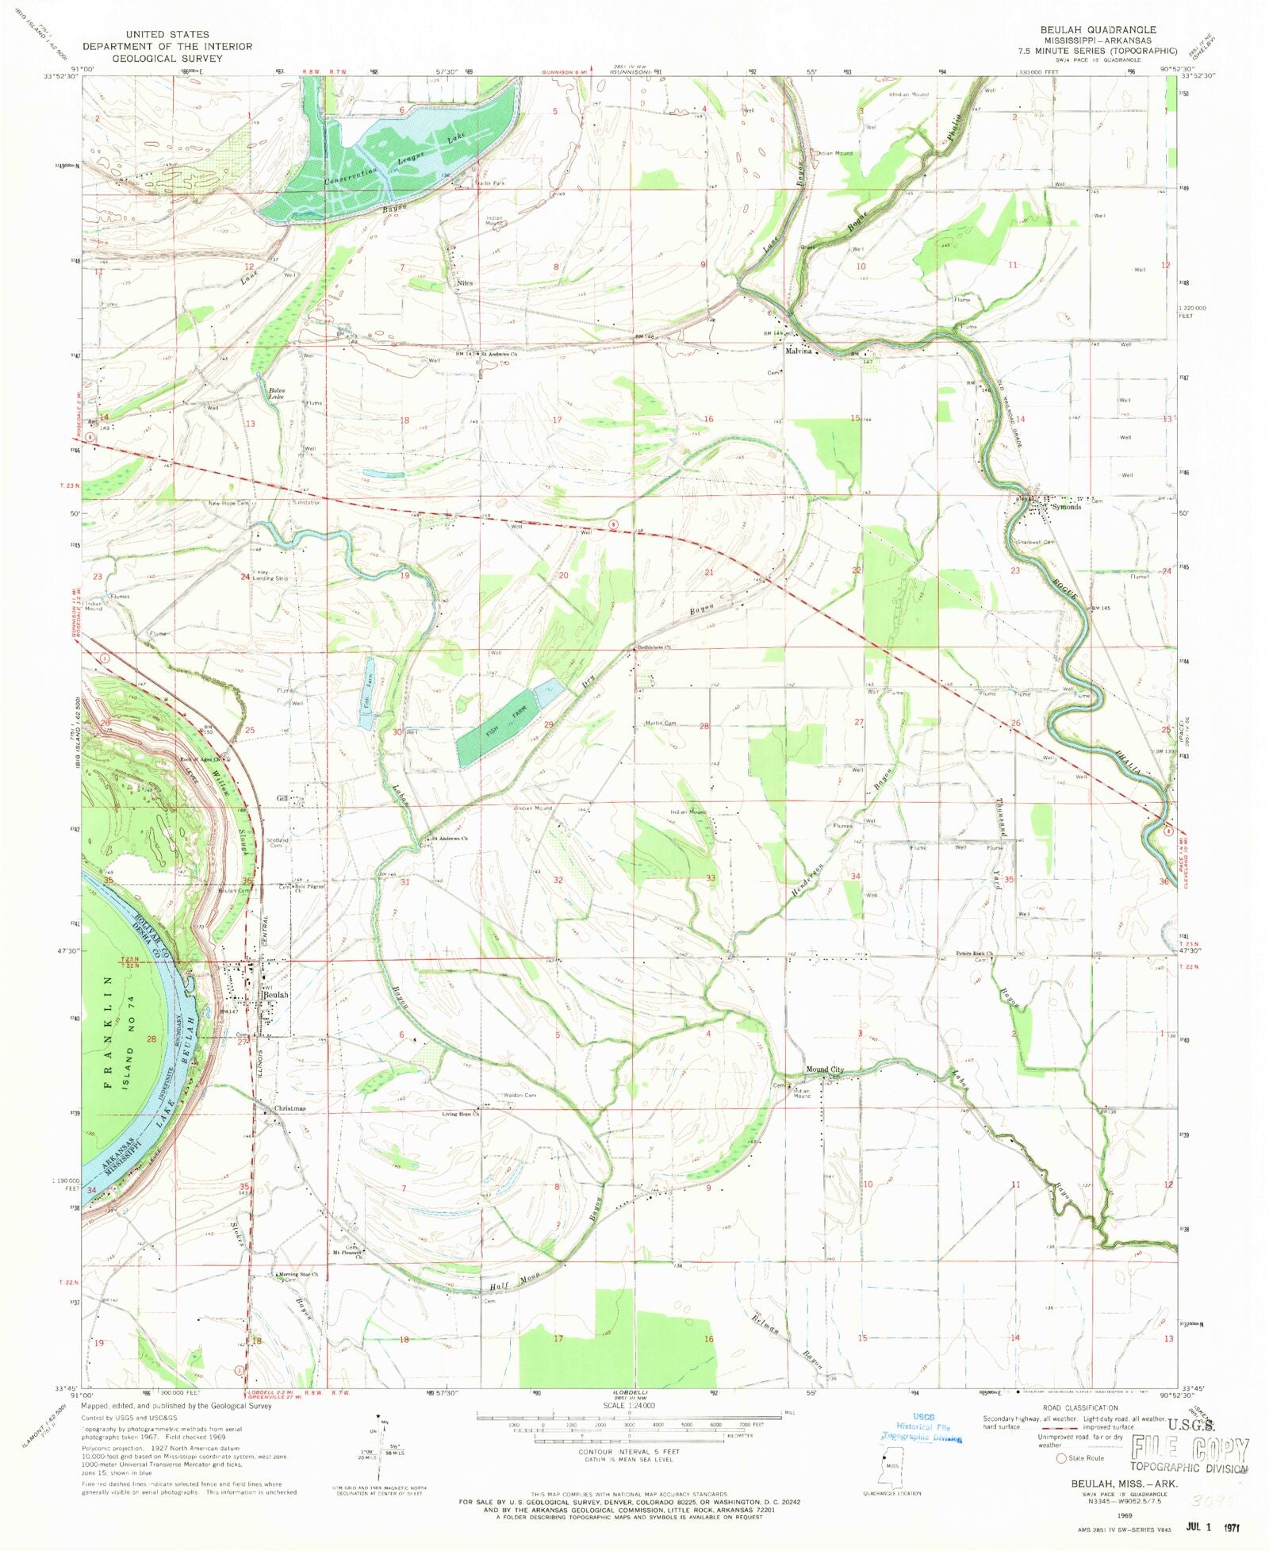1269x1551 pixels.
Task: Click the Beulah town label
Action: pyautogui.click(x=275, y=994)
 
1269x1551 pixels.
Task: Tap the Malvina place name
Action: pyautogui.click(x=798, y=351)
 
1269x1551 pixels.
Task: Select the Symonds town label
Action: pyautogui.click(x=1066, y=507)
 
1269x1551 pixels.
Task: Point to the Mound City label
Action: pyautogui.click(x=825, y=1069)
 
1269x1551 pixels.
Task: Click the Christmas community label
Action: pyautogui.click(x=289, y=1108)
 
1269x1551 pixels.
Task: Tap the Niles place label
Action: pyautogui.click(x=465, y=282)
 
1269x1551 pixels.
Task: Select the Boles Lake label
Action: pyautogui.click(x=276, y=394)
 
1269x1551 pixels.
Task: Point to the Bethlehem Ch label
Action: pyautogui.click(x=655, y=647)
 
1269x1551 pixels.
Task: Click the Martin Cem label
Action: pyautogui.click(x=660, y=723)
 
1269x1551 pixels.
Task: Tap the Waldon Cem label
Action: pyautogui.click(x=519, y=1095)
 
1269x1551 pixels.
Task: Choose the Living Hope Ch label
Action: pyautogui.click(x=461, y=1114)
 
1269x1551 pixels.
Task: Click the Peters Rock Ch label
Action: pyautogui.click(x=975, y=954)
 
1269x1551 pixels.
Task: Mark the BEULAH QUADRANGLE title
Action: pyautogui.click(x=1098, y=29)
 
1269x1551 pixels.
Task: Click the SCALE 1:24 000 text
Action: pyautogui.click(x=631, y=1405)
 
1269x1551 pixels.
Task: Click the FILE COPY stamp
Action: pyautogui.click(x=1190, y=1450)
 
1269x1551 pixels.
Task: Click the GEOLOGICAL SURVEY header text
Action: pyautogui.click(x=167, y=58)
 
